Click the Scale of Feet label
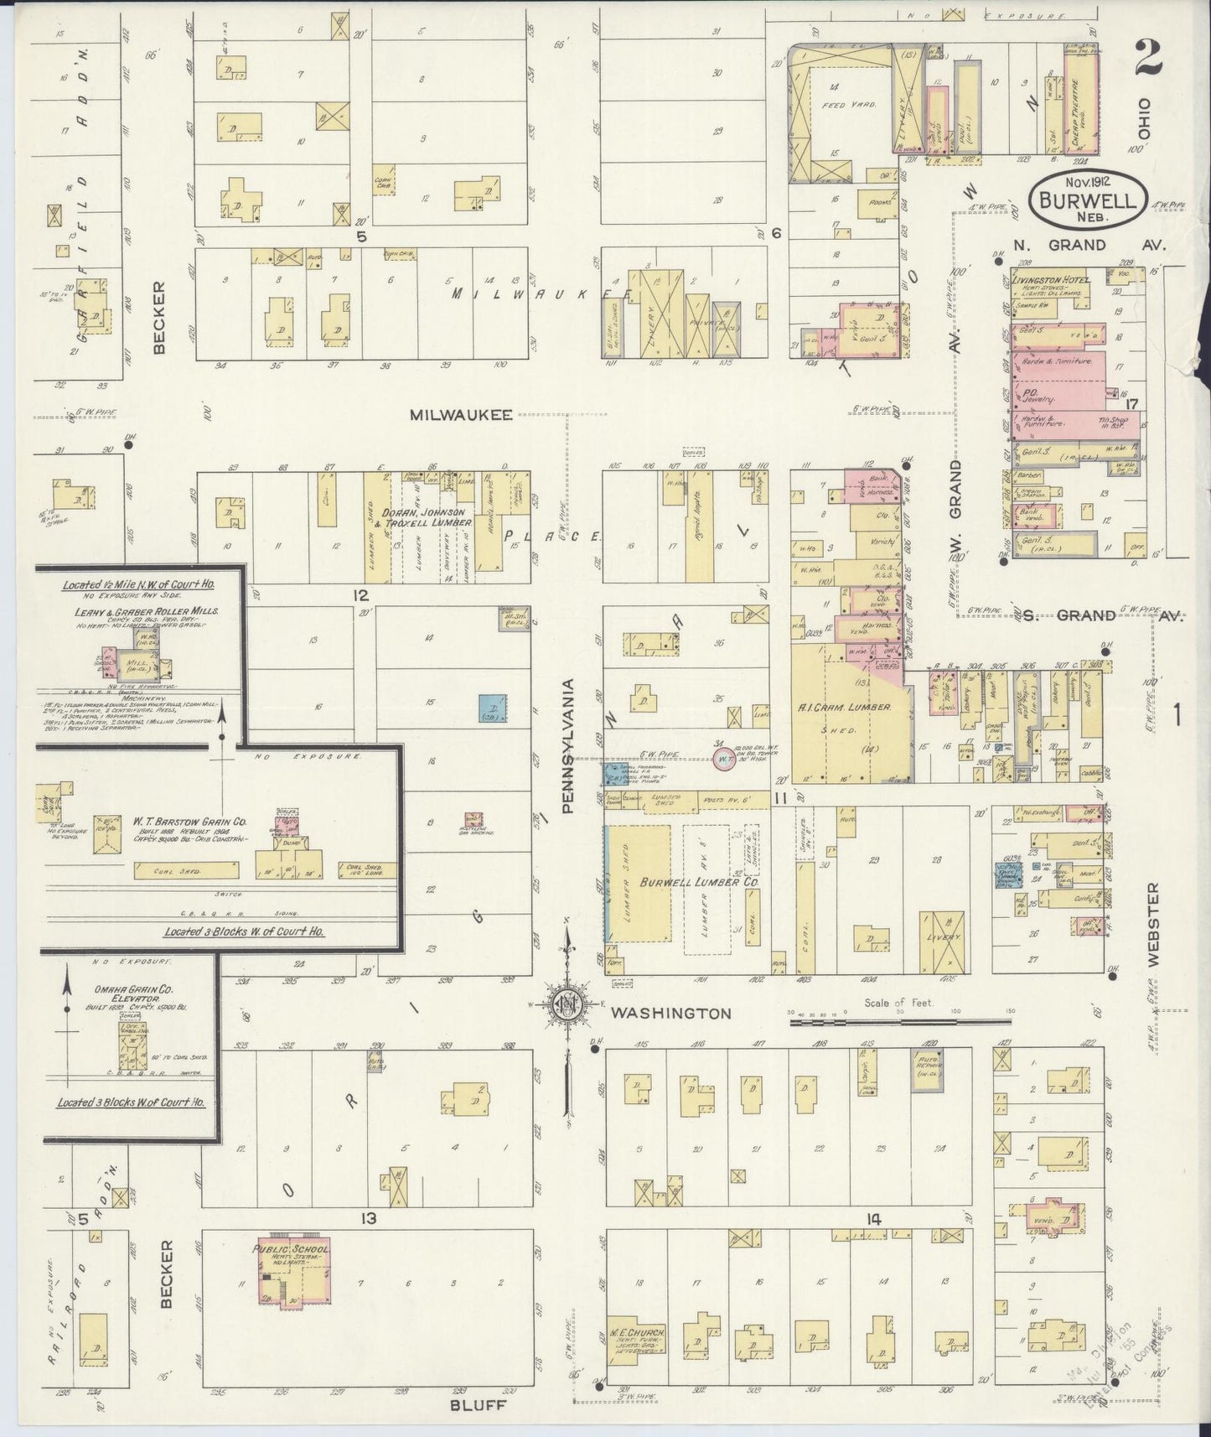pyautogui.click(x=899, y=1002)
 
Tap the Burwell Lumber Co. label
pyautogui.click(x=701, y=883)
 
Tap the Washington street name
pyautogui.click(x=670, y=1013)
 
